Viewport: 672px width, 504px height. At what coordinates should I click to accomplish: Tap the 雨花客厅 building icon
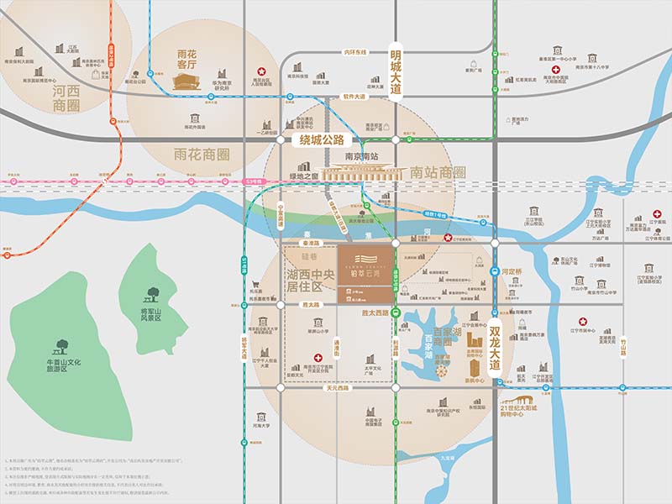point(186,81)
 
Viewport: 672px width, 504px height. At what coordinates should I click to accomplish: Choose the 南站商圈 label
point(438,172)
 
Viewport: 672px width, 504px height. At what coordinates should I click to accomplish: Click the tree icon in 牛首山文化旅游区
point(60,345)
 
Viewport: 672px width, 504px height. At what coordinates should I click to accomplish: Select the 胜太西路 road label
point(374,313)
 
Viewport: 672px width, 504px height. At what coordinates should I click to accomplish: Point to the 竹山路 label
point(622,347)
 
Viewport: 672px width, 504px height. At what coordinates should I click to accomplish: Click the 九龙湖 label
point(447,458)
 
